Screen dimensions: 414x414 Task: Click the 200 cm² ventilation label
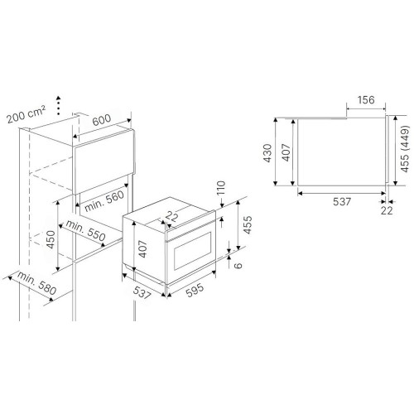[x=26, y=114]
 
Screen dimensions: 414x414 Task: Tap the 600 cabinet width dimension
[x=102, y=120]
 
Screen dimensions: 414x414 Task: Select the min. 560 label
[x=104, y=201]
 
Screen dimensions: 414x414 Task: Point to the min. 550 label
[x=85, y=230]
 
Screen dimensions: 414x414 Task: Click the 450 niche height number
[x=51, y=239]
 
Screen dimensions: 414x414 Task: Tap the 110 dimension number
[x=221, y=188]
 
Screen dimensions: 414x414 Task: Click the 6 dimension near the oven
[x=238, y=265]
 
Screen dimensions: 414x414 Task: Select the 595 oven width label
[x=195, y=291]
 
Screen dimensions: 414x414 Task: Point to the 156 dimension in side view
[x=366, y=100]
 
